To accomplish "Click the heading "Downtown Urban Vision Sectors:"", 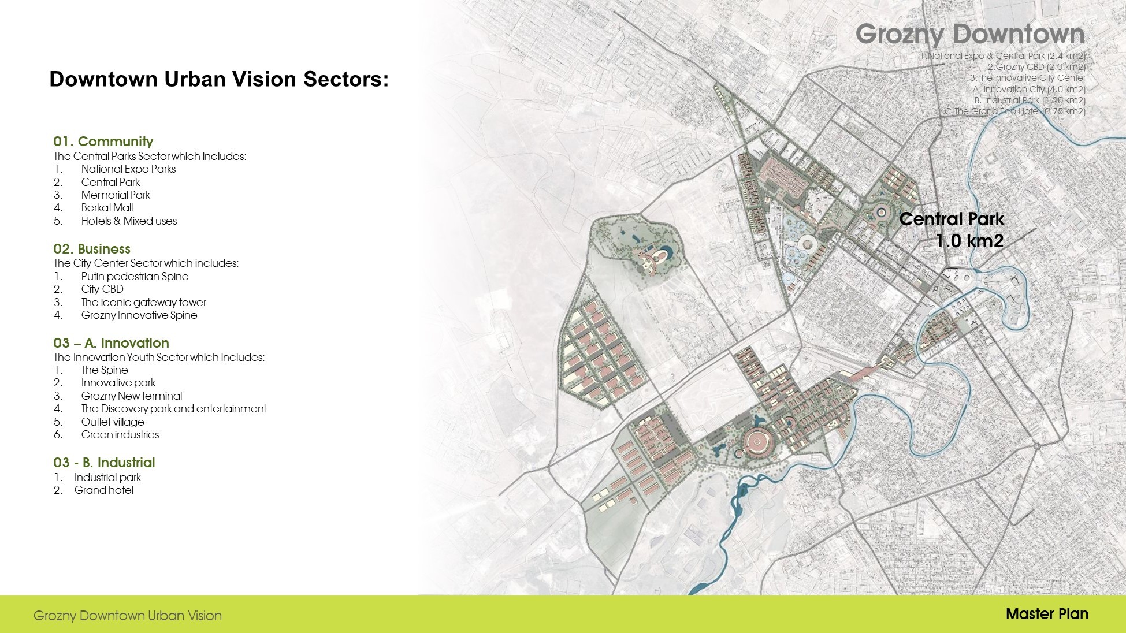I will [x=219, y=79].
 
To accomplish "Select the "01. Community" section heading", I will [x=103, y=142].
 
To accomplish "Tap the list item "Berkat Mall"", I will [x=107, y=208].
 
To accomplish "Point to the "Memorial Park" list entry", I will [x=116, y=195].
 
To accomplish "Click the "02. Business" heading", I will [x=92, y=249].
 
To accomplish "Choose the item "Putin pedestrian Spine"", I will [x=135, y=277].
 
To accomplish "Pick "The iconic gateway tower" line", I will [x=143, y=303].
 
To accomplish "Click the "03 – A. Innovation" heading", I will [x=112, y=343].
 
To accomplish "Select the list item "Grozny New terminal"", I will [x=131, y=396].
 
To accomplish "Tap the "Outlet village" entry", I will [x=113, y=422].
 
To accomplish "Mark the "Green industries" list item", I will [x=120, y=435].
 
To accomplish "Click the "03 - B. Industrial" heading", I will [x=105, y=463].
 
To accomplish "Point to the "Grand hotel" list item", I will [x=104, y=490].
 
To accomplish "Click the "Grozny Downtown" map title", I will [x=970, y=34].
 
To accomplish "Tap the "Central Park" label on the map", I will [x=952, y=219].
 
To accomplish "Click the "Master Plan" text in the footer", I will [x=1047, y=614].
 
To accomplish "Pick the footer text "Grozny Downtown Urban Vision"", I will [x=128, y=616].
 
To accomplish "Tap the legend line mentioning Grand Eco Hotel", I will [x=1014, y=111].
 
